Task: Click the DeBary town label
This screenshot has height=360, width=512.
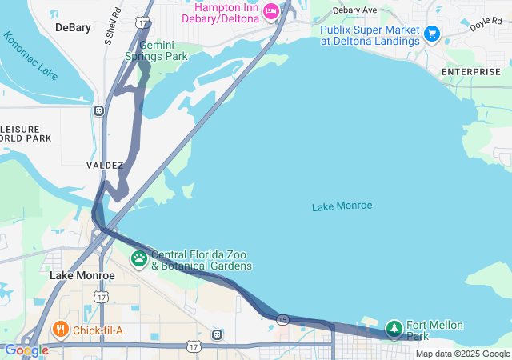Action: [x=73, y=27]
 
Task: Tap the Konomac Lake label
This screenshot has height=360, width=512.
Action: [x=30, y=56]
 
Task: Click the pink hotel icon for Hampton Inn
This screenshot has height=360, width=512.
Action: [x=270, y=10]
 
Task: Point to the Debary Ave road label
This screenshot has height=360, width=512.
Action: [x=354, y=10]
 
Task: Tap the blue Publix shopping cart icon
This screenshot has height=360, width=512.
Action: [x=432, y=34]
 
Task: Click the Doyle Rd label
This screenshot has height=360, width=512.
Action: [x=485, y=24]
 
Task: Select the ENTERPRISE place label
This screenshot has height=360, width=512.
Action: [x=470, y=72]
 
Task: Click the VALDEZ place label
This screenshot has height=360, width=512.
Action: [x=105, y=166]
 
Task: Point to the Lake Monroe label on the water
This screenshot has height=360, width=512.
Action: [x=342, y=206]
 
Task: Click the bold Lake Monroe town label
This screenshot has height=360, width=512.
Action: [x=82, y=275]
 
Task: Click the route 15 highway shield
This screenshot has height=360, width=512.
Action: [x=282, y=319]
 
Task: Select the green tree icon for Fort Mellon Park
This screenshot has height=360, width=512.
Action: [x=394, y=328]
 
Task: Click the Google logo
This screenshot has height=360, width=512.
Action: [x=26, y=350]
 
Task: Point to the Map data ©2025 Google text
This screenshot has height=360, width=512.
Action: [x=462, y=354]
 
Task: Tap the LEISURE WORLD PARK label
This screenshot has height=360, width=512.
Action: [x=24, y=134]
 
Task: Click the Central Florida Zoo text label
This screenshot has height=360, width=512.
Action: [x=202, y=260]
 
